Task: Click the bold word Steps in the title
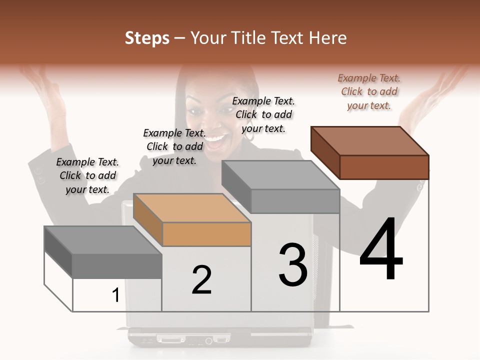[147, 38]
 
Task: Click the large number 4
[381, 248]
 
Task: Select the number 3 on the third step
[293, 264]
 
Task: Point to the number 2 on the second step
[201, 279]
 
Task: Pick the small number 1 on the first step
[115, 295]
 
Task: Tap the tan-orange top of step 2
[192, 208]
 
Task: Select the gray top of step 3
[280, 175]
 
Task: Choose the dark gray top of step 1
[103, 240]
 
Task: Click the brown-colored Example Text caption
[369, 91]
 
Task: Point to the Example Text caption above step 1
[87, 175]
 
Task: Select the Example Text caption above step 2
[174, 146]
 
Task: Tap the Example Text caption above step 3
[263, 114]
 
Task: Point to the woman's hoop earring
[248, 134]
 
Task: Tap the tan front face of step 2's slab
[206, 234]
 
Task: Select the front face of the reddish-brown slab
[384, 167]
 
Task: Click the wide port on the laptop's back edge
[170, 339]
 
